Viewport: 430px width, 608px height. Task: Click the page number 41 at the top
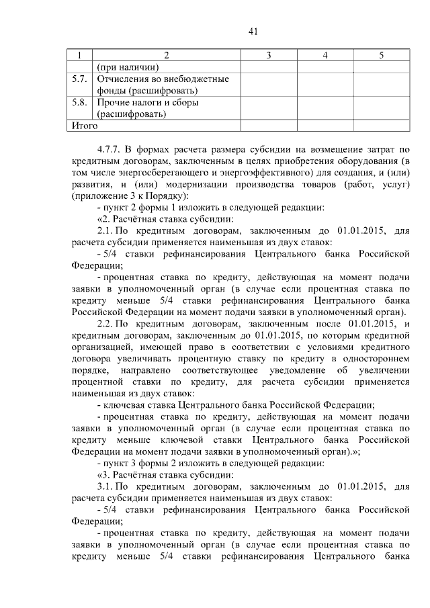(x=253, y=31)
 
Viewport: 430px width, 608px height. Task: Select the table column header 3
(x=267, y=54)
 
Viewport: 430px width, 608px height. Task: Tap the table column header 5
(x=381, y=54)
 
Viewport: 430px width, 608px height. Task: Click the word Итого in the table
(x=85, y=126)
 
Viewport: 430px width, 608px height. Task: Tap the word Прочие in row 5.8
(x=113, y=103)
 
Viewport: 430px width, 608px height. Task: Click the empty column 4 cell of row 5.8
(x=325, y=108)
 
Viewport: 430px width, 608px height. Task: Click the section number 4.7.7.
(x=112, y=149)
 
